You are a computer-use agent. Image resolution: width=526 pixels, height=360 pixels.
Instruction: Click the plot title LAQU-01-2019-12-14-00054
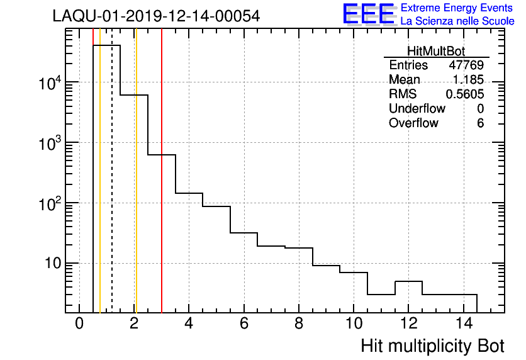156,16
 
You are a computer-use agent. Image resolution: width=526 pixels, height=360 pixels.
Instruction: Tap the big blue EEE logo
369,14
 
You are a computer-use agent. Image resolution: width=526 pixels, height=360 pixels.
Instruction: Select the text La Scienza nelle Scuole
457,21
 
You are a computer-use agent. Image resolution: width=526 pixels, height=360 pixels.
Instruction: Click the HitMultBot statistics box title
436,52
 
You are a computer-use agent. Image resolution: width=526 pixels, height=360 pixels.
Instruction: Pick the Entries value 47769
466,65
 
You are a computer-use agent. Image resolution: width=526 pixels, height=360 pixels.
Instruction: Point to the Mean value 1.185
470,80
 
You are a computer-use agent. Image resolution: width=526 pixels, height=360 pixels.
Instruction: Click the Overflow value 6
480,123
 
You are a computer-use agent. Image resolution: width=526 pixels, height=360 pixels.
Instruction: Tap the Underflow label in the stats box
417,109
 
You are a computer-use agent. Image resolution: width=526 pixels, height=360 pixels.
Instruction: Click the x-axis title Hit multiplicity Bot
432,346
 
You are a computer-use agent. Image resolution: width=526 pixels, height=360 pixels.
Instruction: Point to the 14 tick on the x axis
463,324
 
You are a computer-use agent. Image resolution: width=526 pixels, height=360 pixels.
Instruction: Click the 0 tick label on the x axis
79,324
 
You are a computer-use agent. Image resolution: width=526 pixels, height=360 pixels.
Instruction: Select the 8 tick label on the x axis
299,324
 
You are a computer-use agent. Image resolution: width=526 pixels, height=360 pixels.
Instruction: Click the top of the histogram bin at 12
408,281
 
